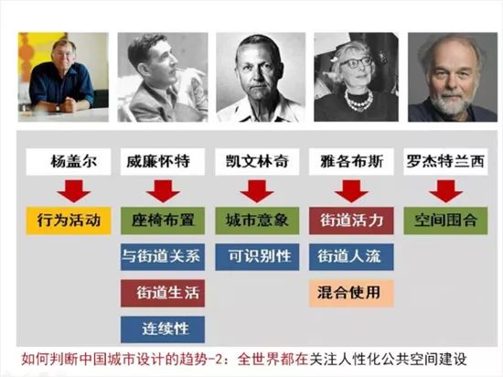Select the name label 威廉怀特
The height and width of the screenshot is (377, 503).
(x=162, y=161)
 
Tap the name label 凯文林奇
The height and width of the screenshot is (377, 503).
(x=257, y=161)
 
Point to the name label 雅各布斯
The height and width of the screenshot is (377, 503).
(x=351, y=161)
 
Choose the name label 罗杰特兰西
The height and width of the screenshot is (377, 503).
(x=445, y=161)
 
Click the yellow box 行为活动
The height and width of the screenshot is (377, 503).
(x=69, y=221)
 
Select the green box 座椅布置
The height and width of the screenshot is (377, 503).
(x=162, y=221)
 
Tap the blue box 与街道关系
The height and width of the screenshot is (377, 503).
(x=162, y=257)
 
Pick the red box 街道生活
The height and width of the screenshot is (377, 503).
(x=162, y=293)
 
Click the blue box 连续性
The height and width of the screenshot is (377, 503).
(x=162, y=329)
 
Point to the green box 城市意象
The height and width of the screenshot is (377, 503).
(x=257, y=221)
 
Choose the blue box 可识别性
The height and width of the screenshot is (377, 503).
(x=257, y=257)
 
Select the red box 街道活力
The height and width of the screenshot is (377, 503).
(x=351, y=221)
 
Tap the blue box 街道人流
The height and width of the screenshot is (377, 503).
(x=351, y=257)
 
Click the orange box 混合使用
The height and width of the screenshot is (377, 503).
(x=351, y=293)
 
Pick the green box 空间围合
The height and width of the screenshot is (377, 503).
(x=445, y=221)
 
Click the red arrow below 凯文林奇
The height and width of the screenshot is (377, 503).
(x=257, y=191)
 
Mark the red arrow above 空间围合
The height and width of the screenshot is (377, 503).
(x=445, y=191)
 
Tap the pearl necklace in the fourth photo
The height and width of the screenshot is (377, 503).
(x=358, y=100)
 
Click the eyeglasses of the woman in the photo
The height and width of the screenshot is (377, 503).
(x=355, y=61)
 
